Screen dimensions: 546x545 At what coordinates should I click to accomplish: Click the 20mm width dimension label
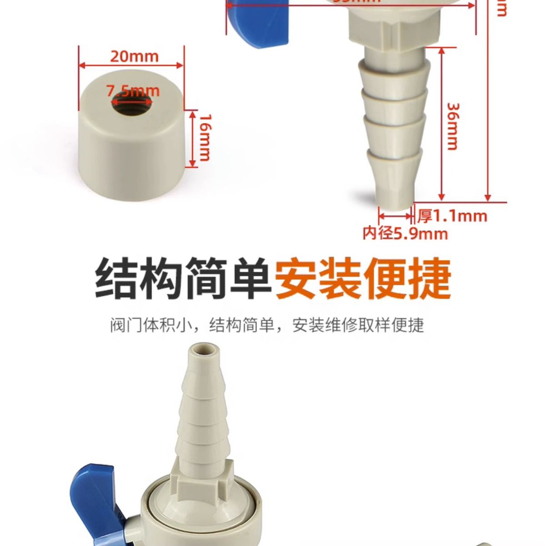click(134, 56)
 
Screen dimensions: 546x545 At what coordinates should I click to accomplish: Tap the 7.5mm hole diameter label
click(133, 91)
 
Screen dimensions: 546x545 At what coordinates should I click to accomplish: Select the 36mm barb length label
click(453, 126)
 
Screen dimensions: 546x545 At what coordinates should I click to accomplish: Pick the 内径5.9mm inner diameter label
click(405, 234)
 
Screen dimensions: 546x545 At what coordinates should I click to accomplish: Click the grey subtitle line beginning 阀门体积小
click(267, 325)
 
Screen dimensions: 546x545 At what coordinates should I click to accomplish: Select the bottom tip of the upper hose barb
click(395, 200)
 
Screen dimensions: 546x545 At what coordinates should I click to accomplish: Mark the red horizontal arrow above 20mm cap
click(132, 65)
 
